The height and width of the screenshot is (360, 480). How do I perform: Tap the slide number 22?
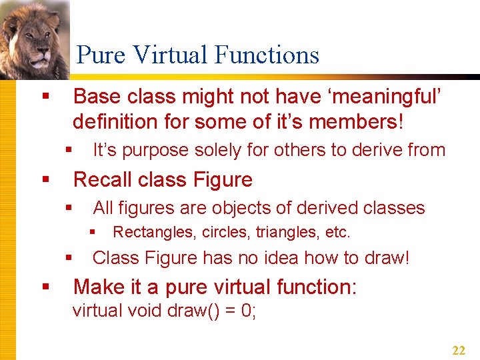point(459,351)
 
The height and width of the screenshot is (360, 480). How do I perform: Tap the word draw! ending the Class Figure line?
point(385,258)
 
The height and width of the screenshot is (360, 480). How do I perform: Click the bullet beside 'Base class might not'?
point(45,97)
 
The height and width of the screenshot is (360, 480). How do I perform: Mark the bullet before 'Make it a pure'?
point(45,287)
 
